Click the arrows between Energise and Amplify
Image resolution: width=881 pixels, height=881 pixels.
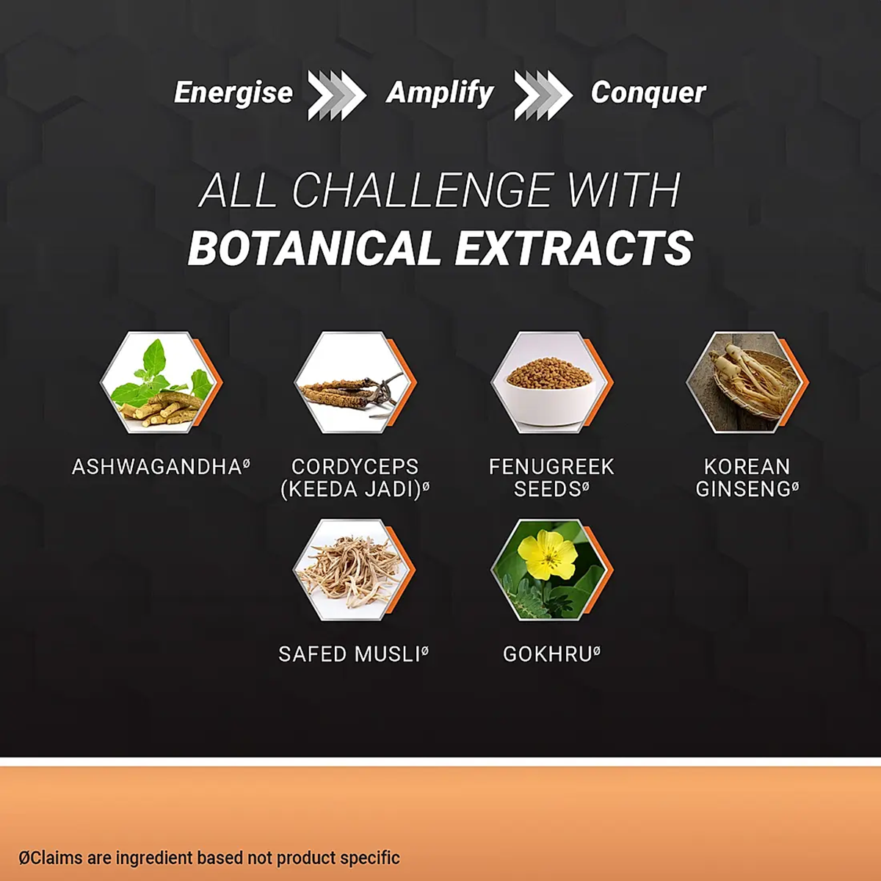[336, 95]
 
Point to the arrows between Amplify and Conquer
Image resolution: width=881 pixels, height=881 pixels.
[543, 95]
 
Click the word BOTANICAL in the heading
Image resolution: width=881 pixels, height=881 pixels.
[314, 247]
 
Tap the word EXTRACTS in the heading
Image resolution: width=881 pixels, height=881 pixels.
[574, 247]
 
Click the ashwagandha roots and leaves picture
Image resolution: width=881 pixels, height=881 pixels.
[161, 383]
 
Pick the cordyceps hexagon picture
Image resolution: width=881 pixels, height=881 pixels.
[355, 383]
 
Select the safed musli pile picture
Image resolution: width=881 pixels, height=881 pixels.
[354, 570]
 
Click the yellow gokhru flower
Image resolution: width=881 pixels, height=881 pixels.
[548, 554]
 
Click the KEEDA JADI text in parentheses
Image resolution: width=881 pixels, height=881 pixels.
[355, 489]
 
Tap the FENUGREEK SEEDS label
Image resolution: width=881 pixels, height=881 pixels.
[551, 478]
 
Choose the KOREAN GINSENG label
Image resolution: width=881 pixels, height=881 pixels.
[747, 478]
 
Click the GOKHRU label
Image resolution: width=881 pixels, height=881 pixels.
[551, 654]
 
